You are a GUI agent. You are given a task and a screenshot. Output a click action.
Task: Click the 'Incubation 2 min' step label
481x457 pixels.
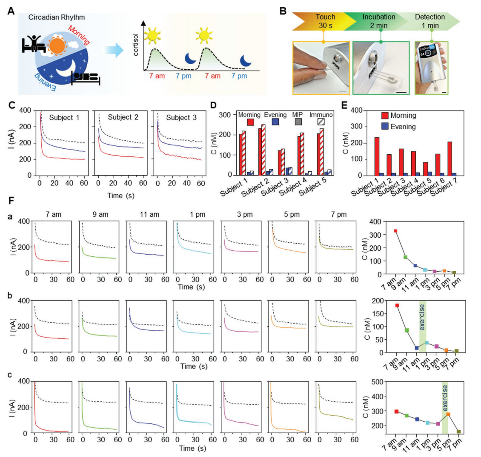378,21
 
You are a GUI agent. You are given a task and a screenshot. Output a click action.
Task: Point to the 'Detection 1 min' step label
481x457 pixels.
429,21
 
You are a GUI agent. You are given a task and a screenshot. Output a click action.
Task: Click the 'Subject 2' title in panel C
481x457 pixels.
123,117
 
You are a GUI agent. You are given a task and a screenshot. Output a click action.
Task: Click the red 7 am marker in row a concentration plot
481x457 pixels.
395,231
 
